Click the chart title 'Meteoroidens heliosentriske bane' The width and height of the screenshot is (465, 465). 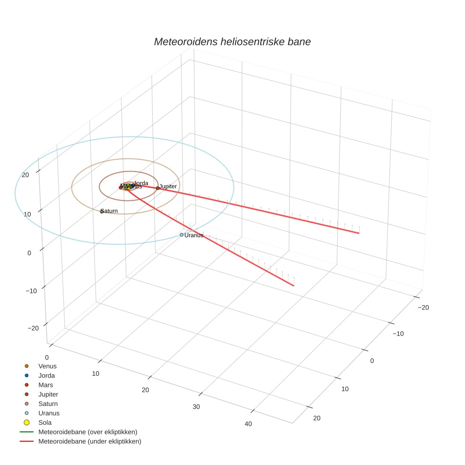pyautogui.click(x=232, y=42)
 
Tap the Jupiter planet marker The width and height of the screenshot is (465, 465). pyautogui.click(x=157, y=188)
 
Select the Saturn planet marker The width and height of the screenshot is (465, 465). pyautogui.click(x=102, y=211)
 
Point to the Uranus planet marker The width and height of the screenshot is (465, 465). pyautogui.click(x=181, y=235)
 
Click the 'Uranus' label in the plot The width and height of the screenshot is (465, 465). pyautogui.click(x=194, y=235)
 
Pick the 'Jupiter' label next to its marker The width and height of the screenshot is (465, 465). pyautogui.click(x=168, y=187)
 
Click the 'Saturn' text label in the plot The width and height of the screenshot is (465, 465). pyautogui.click(x=110, y=211)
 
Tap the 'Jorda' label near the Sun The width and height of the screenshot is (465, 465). pyautogui.click(x=141, y=183)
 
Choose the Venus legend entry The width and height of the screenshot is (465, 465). pyautogui.click(x=47, y=366)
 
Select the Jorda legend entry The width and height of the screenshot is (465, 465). pyautogui.click(x=46, y=376)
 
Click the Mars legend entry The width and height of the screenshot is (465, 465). pyautogui.click(x=46, y=385)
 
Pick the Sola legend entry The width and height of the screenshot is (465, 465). pyautogui.click(x=45, y=422)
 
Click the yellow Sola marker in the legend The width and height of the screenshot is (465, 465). pyautogui.click(x=27, y=422)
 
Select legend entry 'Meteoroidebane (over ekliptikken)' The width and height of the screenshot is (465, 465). pyautogui.click(x=88, y=432)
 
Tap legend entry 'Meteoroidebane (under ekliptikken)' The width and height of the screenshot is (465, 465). pyautogui.click(x=90, y=441)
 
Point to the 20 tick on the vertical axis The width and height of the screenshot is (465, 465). pyautogui.click(x=26, y=175)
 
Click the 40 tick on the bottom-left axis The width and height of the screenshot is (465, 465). pyautogui.click(x=248, y=424)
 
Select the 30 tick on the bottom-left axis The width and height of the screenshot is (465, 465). pyautogui.click(x=197, y=407)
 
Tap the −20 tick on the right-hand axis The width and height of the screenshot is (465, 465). pyautogui.click(x=423, y=308)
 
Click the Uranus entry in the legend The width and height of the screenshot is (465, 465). pyautogui.click(x=49, y=413)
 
